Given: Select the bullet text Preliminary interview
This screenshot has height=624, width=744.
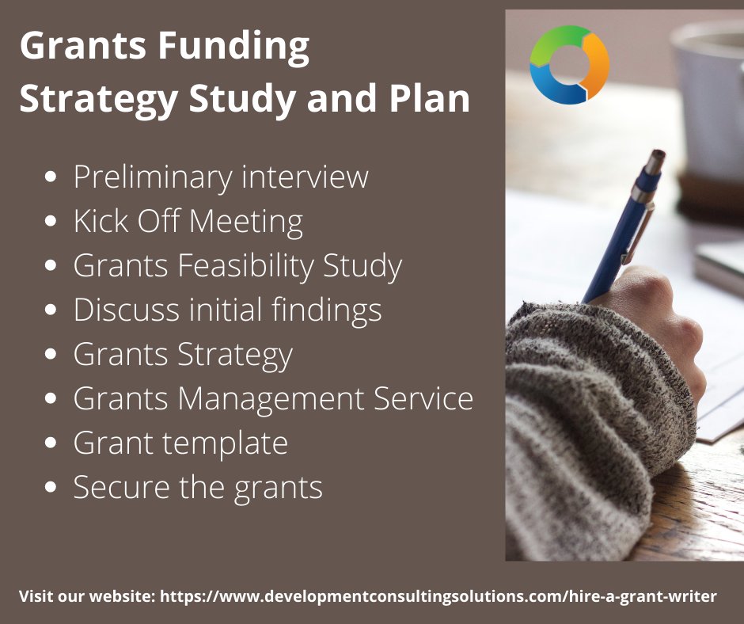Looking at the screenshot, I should click(221, 177).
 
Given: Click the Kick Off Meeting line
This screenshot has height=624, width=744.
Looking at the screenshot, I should click(188, 222).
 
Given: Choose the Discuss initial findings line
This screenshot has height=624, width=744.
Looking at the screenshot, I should click(227, 310).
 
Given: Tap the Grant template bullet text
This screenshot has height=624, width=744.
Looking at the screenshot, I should click(180, 443).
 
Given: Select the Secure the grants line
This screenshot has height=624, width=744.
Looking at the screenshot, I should click(198, 487).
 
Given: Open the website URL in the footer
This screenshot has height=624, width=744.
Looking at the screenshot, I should click(438, 596).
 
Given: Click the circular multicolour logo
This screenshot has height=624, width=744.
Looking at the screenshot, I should click(569, 64).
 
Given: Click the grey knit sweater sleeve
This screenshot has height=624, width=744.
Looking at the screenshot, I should click(586, 412).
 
